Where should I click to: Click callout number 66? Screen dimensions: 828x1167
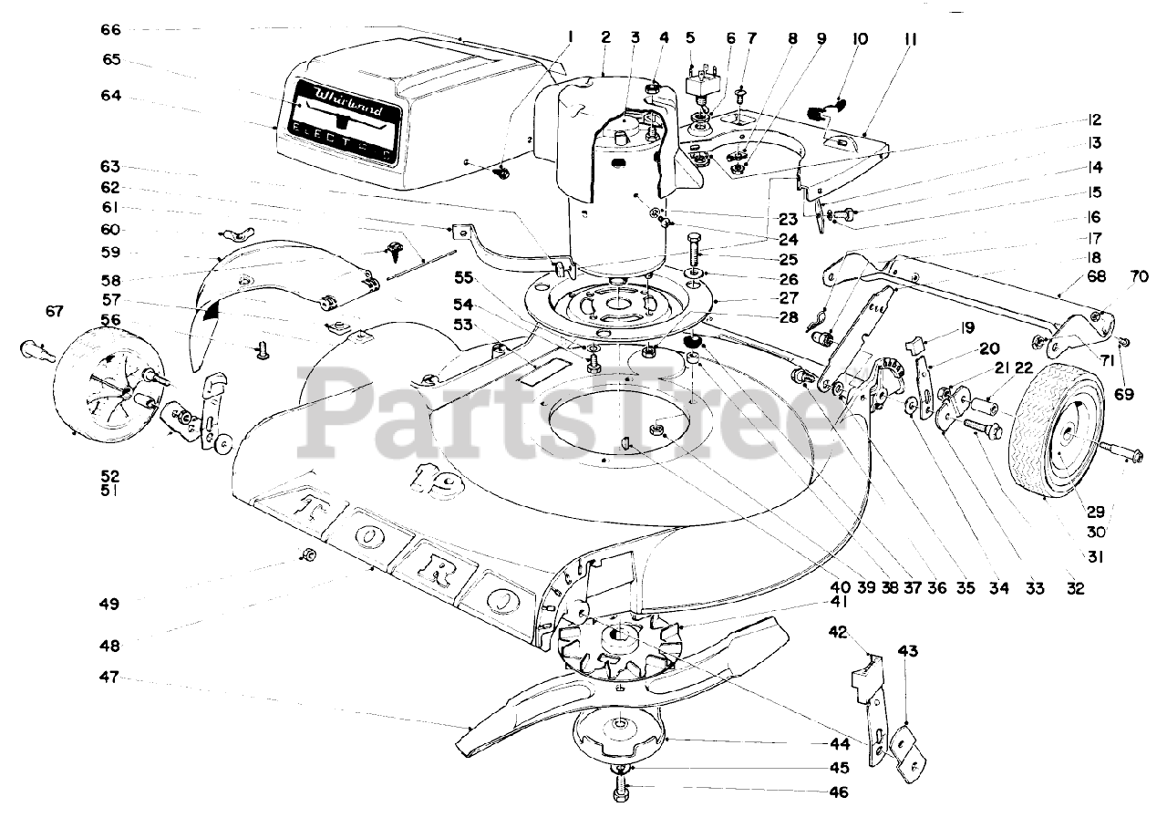pyautogui.click(x=110, y=29)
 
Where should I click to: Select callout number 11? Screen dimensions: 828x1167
pyautogui.click(x=910, y=40)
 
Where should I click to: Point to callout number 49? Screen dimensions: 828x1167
pyautogui.click(x=110, y=603)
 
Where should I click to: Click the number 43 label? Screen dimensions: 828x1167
pyautogui.click(x=907, y=651)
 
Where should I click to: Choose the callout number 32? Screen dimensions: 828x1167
pyautogui.click(x=1075, y=588)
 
